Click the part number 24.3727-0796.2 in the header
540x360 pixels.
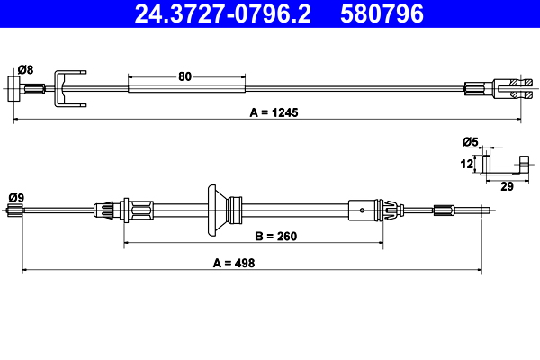pyautogui.click(x=227, y=13)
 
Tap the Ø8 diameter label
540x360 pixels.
pyautogui.click(x=26, y=69)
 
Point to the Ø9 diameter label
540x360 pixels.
pyautogui.click(x=16, y=197)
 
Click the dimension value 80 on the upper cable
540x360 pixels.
pyautogui.click(x=185, y=76)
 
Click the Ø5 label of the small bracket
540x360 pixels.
pyautogui.click(x=470, y=141)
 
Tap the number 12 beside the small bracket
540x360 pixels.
pyautogui.click(x=466, y=164)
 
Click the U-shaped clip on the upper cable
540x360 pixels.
pyautogui.click(x=70, y=86)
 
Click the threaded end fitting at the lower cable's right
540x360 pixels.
pyautogui.click(x=446, y=211)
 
